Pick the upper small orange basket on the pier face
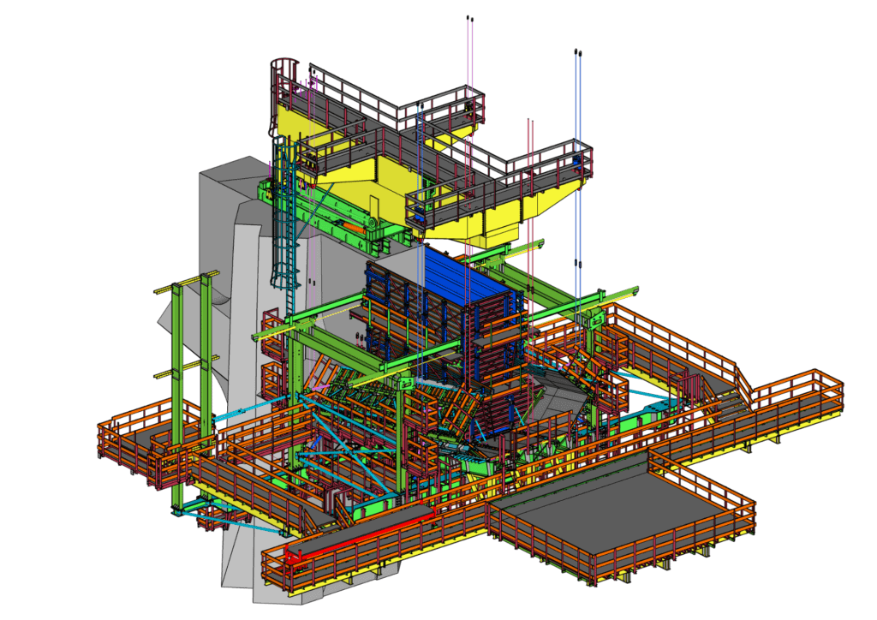tap(272, 330)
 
